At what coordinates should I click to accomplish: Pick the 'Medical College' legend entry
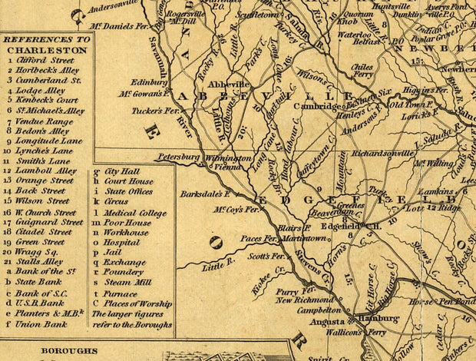pos(134,213)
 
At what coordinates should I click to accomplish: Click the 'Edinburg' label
pos(150,82)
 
